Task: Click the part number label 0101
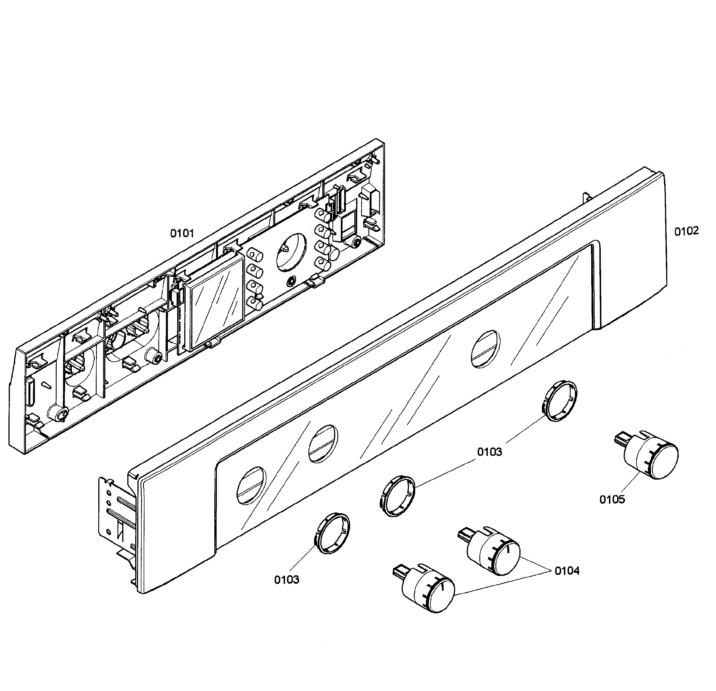(182, 233)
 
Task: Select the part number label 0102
(686, 231)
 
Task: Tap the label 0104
(567, 571)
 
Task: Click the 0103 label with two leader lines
(490, 452)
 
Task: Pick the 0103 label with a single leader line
(286, 580)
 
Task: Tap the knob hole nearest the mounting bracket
(251, 486)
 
